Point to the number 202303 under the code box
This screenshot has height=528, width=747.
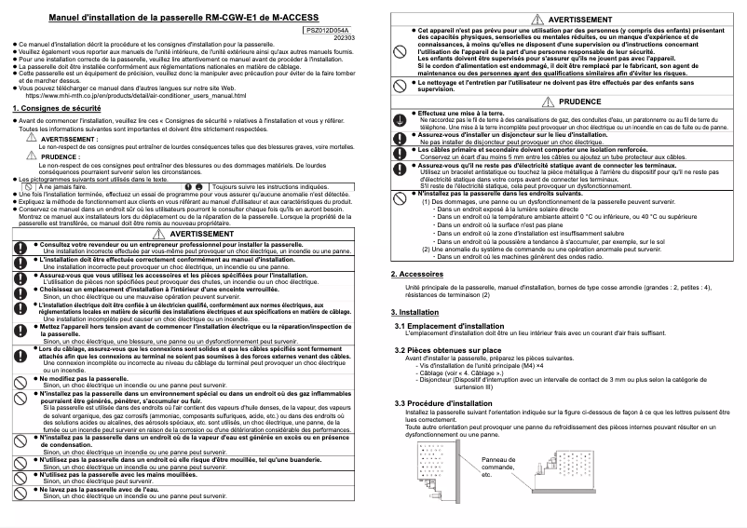[x=344, y=38]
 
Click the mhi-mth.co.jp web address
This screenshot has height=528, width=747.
[x=135, y=95]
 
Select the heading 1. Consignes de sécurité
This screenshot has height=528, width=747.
[x=56, y=109]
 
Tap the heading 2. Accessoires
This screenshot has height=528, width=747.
[x=417, y=249]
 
